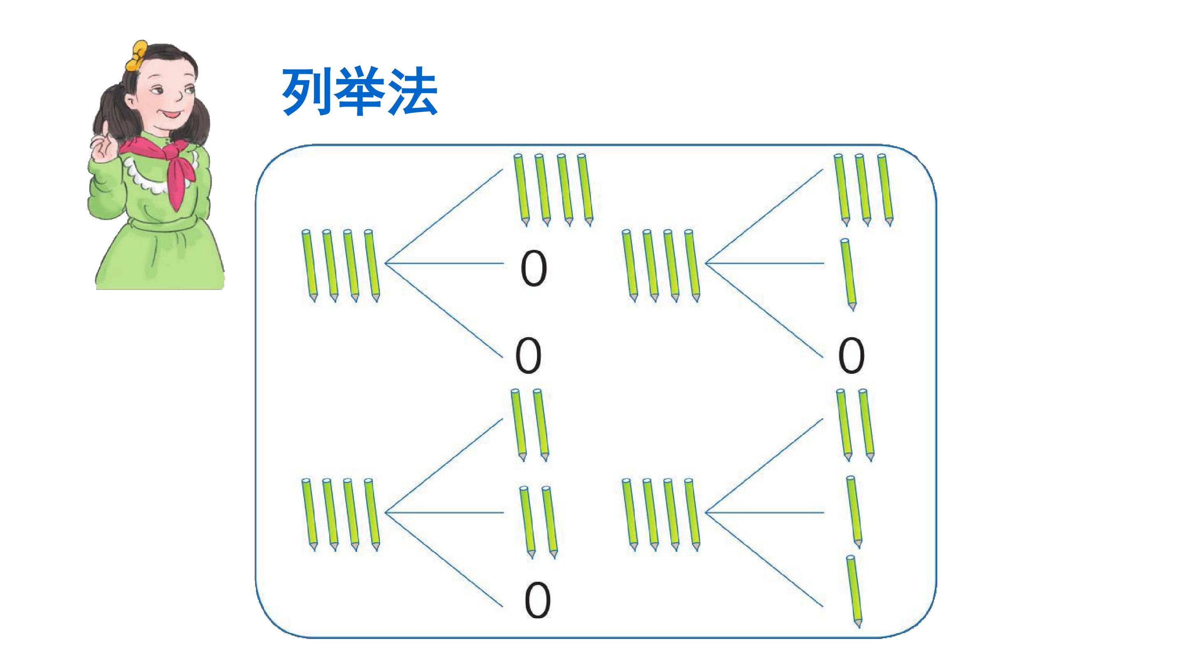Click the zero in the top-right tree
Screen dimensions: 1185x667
(851, 356)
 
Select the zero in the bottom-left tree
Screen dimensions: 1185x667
(537, 600)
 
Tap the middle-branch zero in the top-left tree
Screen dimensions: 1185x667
(534, 269)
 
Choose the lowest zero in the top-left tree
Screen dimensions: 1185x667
(528, 356)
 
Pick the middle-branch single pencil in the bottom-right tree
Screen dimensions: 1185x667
(854, 512)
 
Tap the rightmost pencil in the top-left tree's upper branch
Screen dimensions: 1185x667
(585, 190)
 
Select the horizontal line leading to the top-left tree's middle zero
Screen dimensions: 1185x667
(444, 264)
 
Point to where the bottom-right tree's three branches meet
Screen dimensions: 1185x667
(706, 512)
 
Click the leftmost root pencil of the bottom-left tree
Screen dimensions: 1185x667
(310, 515)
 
